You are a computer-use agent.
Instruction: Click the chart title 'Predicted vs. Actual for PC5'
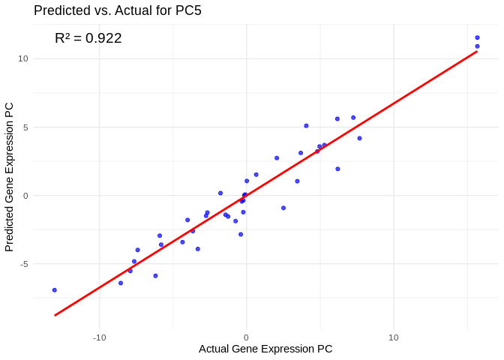click(x=118, y=10)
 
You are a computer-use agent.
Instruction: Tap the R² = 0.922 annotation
click(x=88, y=38)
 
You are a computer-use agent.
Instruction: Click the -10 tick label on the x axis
click(x=99, y=337)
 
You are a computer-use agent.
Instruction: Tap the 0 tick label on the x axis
click(x=246, y=337)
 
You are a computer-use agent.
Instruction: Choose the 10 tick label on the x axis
click(x=393, y=337)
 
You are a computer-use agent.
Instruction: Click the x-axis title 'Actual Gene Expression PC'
click(x=265, y=349)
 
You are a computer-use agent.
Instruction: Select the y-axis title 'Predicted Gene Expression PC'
click(x=10, y=176)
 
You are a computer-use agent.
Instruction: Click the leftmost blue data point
click(x=54, y=289)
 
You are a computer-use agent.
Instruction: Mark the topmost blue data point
click(x=477, y=37)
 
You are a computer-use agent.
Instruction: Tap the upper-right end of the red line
click(x=477, y=51)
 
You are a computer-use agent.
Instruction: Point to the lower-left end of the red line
click(x=54, y=315)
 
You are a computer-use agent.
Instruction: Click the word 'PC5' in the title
click(x=187, y=10)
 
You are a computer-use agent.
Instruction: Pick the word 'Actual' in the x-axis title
click(x=215, y=349)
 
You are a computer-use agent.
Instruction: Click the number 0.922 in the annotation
click(x=103, y=38)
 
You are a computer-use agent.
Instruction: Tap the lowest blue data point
click(x=54, y=289)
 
